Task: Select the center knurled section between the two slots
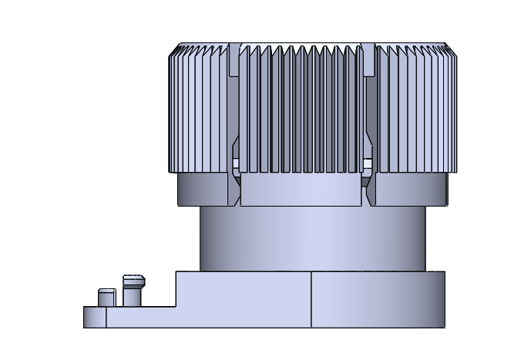(301, 108)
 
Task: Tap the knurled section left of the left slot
(199, 108)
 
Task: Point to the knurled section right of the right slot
(416, 108)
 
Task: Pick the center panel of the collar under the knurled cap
(301, 190)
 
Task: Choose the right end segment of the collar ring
(408, 190)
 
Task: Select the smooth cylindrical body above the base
(312, 239)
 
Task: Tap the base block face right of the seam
(378, 299)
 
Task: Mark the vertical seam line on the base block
(311, 299)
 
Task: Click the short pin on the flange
(106, 298)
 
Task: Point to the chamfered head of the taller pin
(134, 280)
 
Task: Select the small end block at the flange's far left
(95, 318)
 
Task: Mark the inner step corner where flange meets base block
(176, 307)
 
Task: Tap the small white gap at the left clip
(237, 163)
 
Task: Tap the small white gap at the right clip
(368, 163)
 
